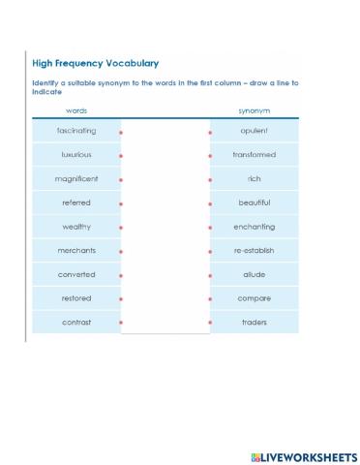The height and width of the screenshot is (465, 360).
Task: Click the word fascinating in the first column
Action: click(75, 131)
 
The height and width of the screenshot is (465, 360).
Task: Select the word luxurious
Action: click(75, 155)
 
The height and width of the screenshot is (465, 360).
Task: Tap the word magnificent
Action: click(75, 179)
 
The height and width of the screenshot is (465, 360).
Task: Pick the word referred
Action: click(75, 202)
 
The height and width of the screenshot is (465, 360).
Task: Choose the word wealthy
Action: click(75, 227)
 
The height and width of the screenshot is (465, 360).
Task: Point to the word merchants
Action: click(75, 251)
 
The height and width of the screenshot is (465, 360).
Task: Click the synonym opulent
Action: click(255, 131)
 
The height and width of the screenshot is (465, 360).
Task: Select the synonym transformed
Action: click(255, 155)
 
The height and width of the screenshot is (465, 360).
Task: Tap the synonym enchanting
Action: click(255, 227)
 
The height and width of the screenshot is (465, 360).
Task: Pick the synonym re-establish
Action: click(255, 251)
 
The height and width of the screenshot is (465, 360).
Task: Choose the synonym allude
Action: click(255, 274)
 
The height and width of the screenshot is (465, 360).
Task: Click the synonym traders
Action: click(255, 322)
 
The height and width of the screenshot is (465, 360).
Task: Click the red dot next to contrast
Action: click(121, 323)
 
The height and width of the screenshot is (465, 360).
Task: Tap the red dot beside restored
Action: click(121, 299)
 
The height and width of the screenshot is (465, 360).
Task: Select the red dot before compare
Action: click(210, 299)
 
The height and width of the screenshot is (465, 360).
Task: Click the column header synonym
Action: click(255, 111)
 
